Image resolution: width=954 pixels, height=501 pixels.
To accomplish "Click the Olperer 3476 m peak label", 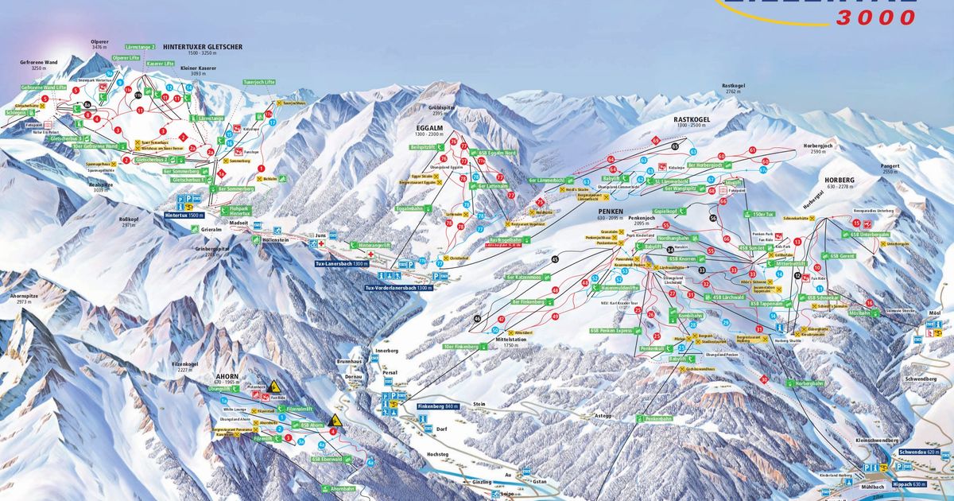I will [99, 45].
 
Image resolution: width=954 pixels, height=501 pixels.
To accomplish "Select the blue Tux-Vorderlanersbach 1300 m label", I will [398, 287].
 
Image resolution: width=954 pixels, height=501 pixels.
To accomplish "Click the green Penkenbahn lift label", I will [658, 417].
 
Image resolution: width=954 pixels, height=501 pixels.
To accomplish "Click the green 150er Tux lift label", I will [761, 214].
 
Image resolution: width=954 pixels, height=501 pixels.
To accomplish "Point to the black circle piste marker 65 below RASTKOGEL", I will [675, 146].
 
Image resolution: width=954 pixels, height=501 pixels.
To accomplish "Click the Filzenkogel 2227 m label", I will [184, 366].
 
